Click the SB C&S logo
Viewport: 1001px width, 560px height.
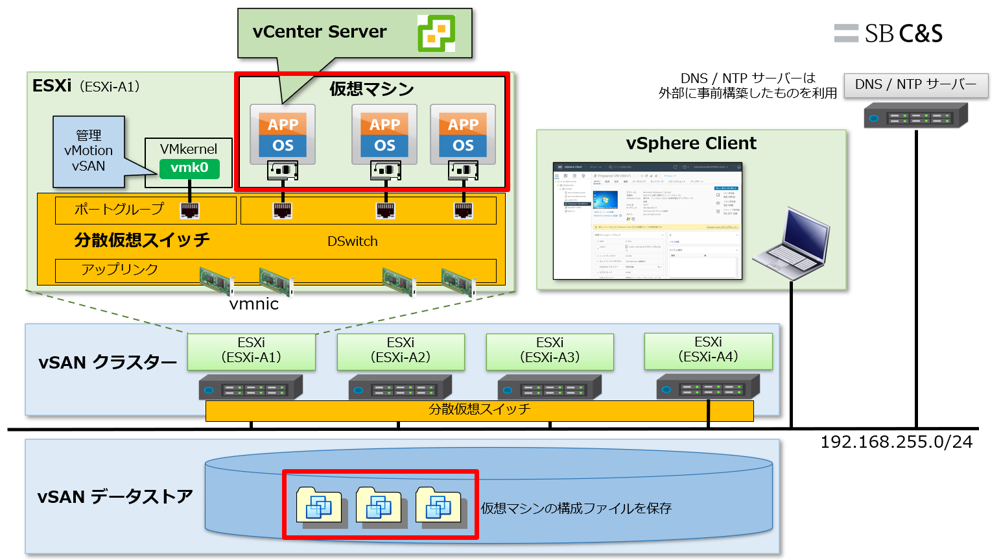(x=888, y=33)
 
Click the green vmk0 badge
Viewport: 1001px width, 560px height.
(x=189, y=168)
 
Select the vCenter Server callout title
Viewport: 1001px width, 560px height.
(x=319, y=32)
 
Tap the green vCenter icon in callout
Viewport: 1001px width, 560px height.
(x=436, y=33)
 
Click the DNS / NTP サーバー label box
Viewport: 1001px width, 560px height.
(x=915, y=85)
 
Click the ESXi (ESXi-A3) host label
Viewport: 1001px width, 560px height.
(x=549, y=350)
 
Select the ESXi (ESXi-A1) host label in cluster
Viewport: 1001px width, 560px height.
(x=251, y=350)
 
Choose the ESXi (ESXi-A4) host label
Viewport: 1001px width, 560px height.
(x=708, y=350)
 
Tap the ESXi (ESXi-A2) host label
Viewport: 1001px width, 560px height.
(x=400, y=350)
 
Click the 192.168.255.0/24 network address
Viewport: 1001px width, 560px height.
(x=896, y=441)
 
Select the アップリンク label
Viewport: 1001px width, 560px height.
(x=120, y=270)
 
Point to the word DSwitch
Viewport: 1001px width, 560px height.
(x=352, y=241)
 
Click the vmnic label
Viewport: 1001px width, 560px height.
(x=254, y=304)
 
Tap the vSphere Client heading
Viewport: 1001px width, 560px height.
(x=691, y=143)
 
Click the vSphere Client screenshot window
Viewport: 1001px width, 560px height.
(x=648, y=220)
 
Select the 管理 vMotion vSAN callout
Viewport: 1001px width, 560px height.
(x=90, y=151)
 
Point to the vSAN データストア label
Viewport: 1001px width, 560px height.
(x=115, y=497)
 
